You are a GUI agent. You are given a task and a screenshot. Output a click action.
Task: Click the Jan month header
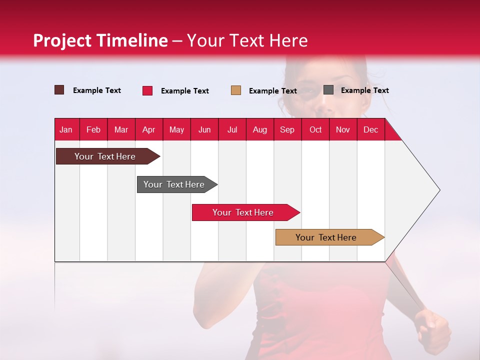(x=66, y=129)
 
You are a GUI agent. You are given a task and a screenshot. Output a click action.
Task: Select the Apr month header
(x=148, y=129)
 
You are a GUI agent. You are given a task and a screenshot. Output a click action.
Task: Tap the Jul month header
(x=232, y=129)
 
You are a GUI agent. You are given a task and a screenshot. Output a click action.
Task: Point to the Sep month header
(x=287, y=129)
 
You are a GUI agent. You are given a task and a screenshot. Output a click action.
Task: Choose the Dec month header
(x=370, y=129)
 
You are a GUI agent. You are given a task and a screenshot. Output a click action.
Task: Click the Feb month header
(x=93, y=129)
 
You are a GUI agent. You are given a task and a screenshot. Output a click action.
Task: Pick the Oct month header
(x=315, y=129)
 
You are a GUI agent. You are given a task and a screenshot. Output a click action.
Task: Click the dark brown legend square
(x=59, y=90)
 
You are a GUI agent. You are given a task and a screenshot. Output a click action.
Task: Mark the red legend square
(x=147, y=90)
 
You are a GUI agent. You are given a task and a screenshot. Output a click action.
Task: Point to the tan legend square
(x=236, y=90)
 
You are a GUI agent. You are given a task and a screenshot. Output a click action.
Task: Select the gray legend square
(x=328, y=90)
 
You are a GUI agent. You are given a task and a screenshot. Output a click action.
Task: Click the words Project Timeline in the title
(x=100, y=40)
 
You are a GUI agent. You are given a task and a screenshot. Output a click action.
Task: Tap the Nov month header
(x=343, y=129)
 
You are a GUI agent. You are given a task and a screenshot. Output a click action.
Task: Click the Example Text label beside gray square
(x=364, y=90)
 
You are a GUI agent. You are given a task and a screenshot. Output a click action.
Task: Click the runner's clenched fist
(x=432, y=330)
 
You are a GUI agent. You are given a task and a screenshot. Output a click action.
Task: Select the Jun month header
(x=204, y=129)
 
